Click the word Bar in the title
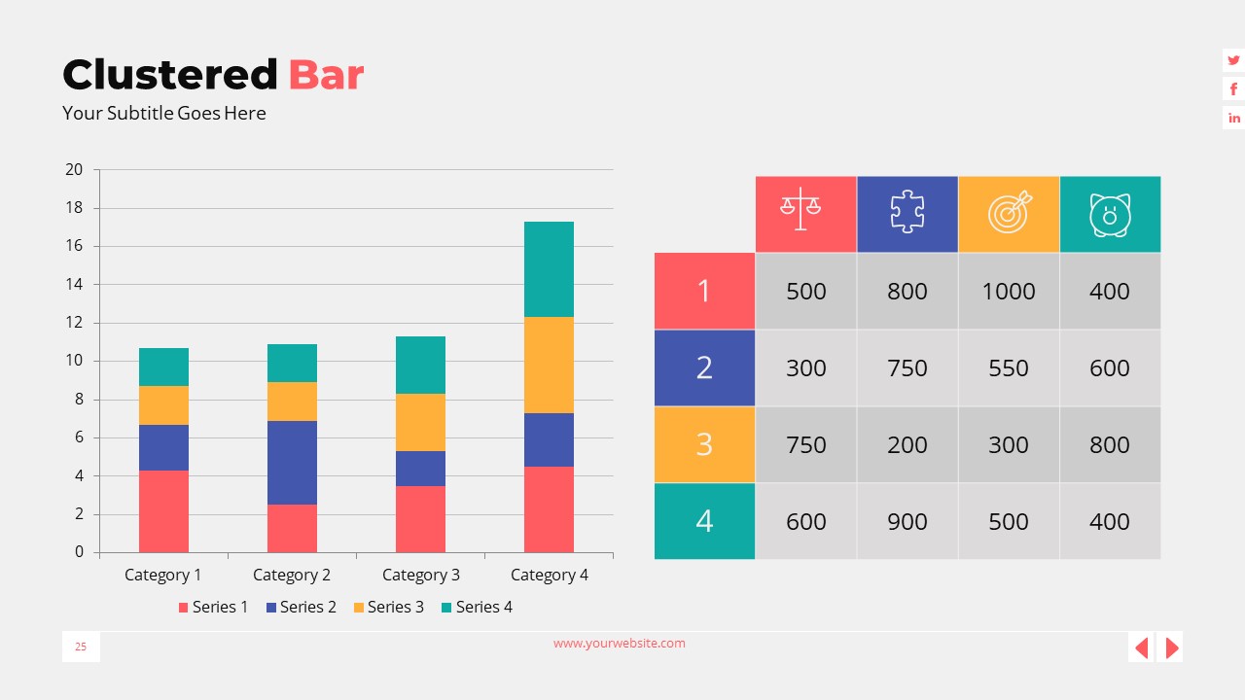click(326, 75)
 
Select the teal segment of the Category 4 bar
click(549, 269)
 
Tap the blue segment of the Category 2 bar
click(292, 462)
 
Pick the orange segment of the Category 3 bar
click(420, 422)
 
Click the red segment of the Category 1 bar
click(163, 511)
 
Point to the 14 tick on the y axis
click(74, 285)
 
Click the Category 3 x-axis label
click(420, 575)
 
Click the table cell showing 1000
click(1009, 291)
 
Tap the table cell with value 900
click(907, 521)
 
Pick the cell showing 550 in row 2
click(1009, 367)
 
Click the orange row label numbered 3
click(704, 444)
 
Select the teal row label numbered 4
click(704, 521)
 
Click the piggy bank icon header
click(1110, 214)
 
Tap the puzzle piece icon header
click(907, 214)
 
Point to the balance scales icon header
click(805, 214)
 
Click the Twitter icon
click(1233, 60)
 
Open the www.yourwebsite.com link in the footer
click(620, 644)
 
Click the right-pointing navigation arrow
click(1171, 647)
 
